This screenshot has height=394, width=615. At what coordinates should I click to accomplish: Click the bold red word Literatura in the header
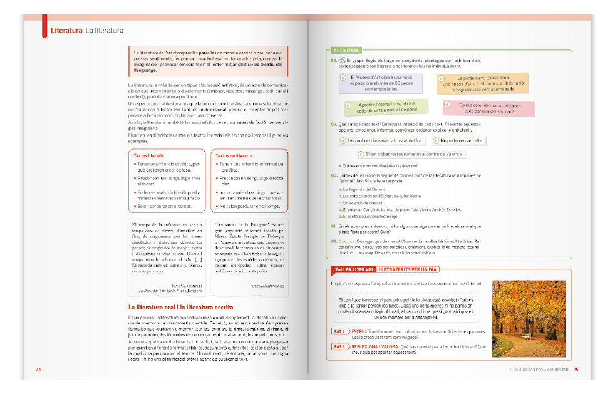point(66,30)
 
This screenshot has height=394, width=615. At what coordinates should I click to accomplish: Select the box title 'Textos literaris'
point(149,155)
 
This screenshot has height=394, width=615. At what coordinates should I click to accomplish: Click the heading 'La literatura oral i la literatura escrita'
point(180,308)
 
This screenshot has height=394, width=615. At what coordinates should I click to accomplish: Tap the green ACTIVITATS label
point(346,49)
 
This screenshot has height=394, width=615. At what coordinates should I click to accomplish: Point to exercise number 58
point(334,60)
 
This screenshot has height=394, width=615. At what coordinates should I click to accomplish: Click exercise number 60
point(334,176)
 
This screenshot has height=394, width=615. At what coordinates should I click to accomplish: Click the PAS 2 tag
point(339,346)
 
